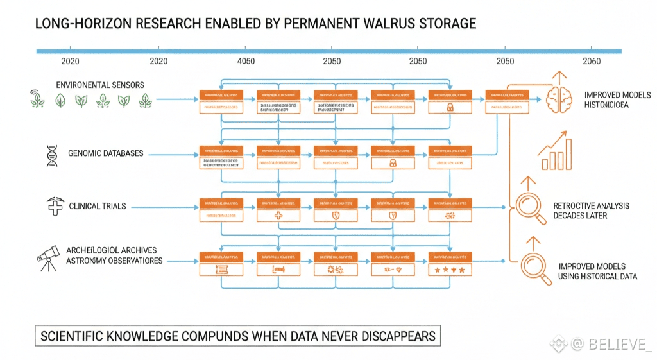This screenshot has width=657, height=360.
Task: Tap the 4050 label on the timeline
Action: point(246,61)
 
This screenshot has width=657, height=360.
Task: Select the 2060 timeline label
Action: point(591,61)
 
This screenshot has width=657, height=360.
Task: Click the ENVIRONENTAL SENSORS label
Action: point(100,85)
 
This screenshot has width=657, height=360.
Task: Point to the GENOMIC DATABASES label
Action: point(106,153)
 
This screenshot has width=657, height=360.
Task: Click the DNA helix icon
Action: point(50,154)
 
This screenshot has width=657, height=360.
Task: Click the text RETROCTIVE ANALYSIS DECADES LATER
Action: point(591,210)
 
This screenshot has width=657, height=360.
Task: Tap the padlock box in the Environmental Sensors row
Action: point(450,108)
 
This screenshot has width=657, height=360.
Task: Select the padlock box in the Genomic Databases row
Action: point(393,163)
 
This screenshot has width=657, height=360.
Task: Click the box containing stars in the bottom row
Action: point(450,270)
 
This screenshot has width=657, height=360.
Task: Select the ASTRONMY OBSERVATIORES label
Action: point(114,261)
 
